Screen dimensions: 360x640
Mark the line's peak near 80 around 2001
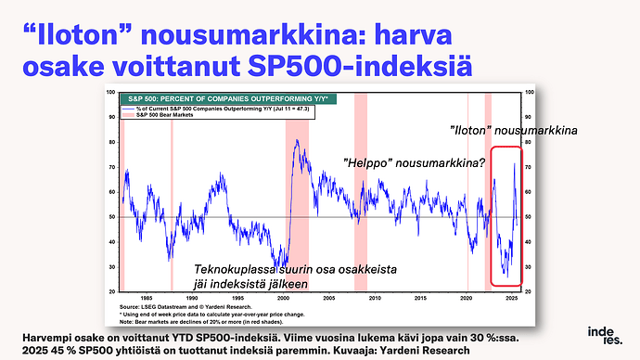(x=296, y=140)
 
